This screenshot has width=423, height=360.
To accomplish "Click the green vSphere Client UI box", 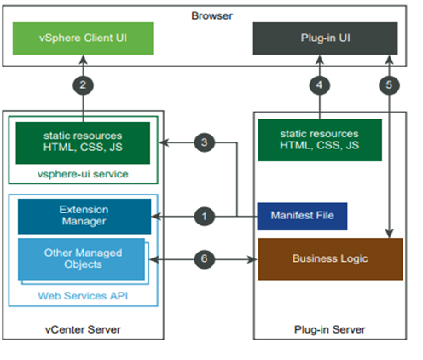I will [x=84, y=38].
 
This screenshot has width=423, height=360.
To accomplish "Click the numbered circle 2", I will [x=84, y=84].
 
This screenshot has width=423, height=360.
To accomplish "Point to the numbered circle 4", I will [x=320, y=84].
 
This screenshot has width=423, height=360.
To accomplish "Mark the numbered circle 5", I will [x=390, y=84].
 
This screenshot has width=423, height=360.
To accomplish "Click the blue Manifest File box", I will [x=302, y=217].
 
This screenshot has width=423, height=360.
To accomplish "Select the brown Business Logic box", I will [x=330, y=258].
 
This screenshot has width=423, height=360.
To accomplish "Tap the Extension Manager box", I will [x=84, y=216].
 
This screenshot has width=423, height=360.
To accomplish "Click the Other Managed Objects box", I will [x=83, y=258].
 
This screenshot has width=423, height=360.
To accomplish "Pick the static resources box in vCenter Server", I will [x=84, y=142].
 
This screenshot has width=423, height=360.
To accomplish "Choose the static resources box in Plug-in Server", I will [x=320, y=140].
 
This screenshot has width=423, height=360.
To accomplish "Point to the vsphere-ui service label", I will [x=84, y=173].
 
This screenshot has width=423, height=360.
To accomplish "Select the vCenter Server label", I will [x=83, y=329].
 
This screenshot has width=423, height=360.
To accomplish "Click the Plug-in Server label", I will [x=329, y=329].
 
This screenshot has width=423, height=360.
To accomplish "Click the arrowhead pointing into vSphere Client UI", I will [x=84, y=61].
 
